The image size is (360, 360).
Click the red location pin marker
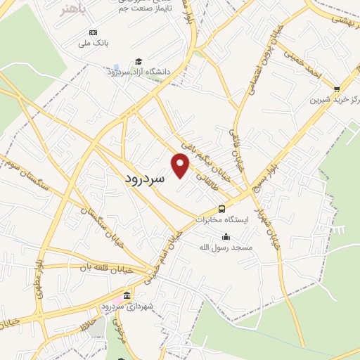tap(181, 166)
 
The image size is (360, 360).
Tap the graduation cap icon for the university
tap(139, 62)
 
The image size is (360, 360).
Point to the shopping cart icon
tap(337, 89)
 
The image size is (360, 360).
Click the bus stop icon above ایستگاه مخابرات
tap(222, 209)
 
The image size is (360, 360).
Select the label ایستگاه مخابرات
tap(222, 219)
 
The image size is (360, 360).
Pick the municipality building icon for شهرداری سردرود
tap(127, 295)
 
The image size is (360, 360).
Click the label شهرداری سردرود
tap(122, 306)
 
